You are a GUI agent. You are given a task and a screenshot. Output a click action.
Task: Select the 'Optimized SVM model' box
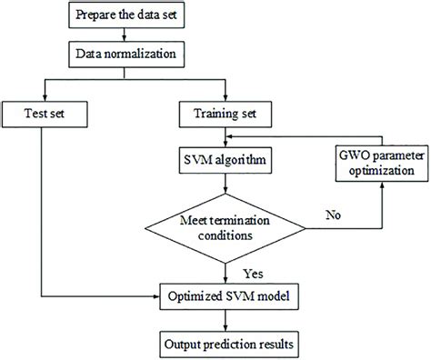[226, 295]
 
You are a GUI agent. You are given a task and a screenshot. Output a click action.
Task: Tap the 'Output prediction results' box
[226, 345]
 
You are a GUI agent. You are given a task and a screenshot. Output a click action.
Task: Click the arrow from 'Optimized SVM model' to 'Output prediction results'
[226, 319]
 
